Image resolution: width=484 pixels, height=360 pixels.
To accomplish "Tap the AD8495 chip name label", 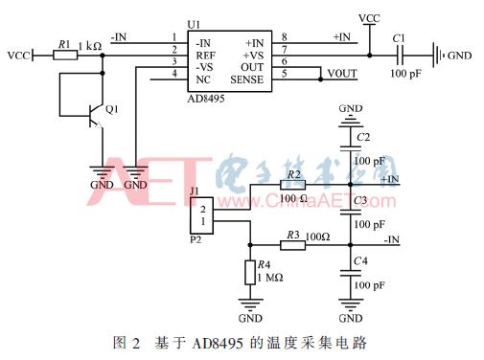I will (211, 99).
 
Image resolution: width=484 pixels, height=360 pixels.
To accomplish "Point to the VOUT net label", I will (342, 74).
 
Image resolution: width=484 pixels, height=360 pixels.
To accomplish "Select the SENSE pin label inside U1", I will (246, 80).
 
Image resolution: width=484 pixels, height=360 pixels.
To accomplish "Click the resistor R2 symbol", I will (292, 185).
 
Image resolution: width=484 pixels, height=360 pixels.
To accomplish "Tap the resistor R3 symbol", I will (292, 246).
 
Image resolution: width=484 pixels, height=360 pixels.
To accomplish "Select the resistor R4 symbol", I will (250, 274).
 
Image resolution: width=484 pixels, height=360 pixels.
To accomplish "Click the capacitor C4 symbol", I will (351, 274).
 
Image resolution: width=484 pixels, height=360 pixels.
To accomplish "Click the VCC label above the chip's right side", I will (368, 17).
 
